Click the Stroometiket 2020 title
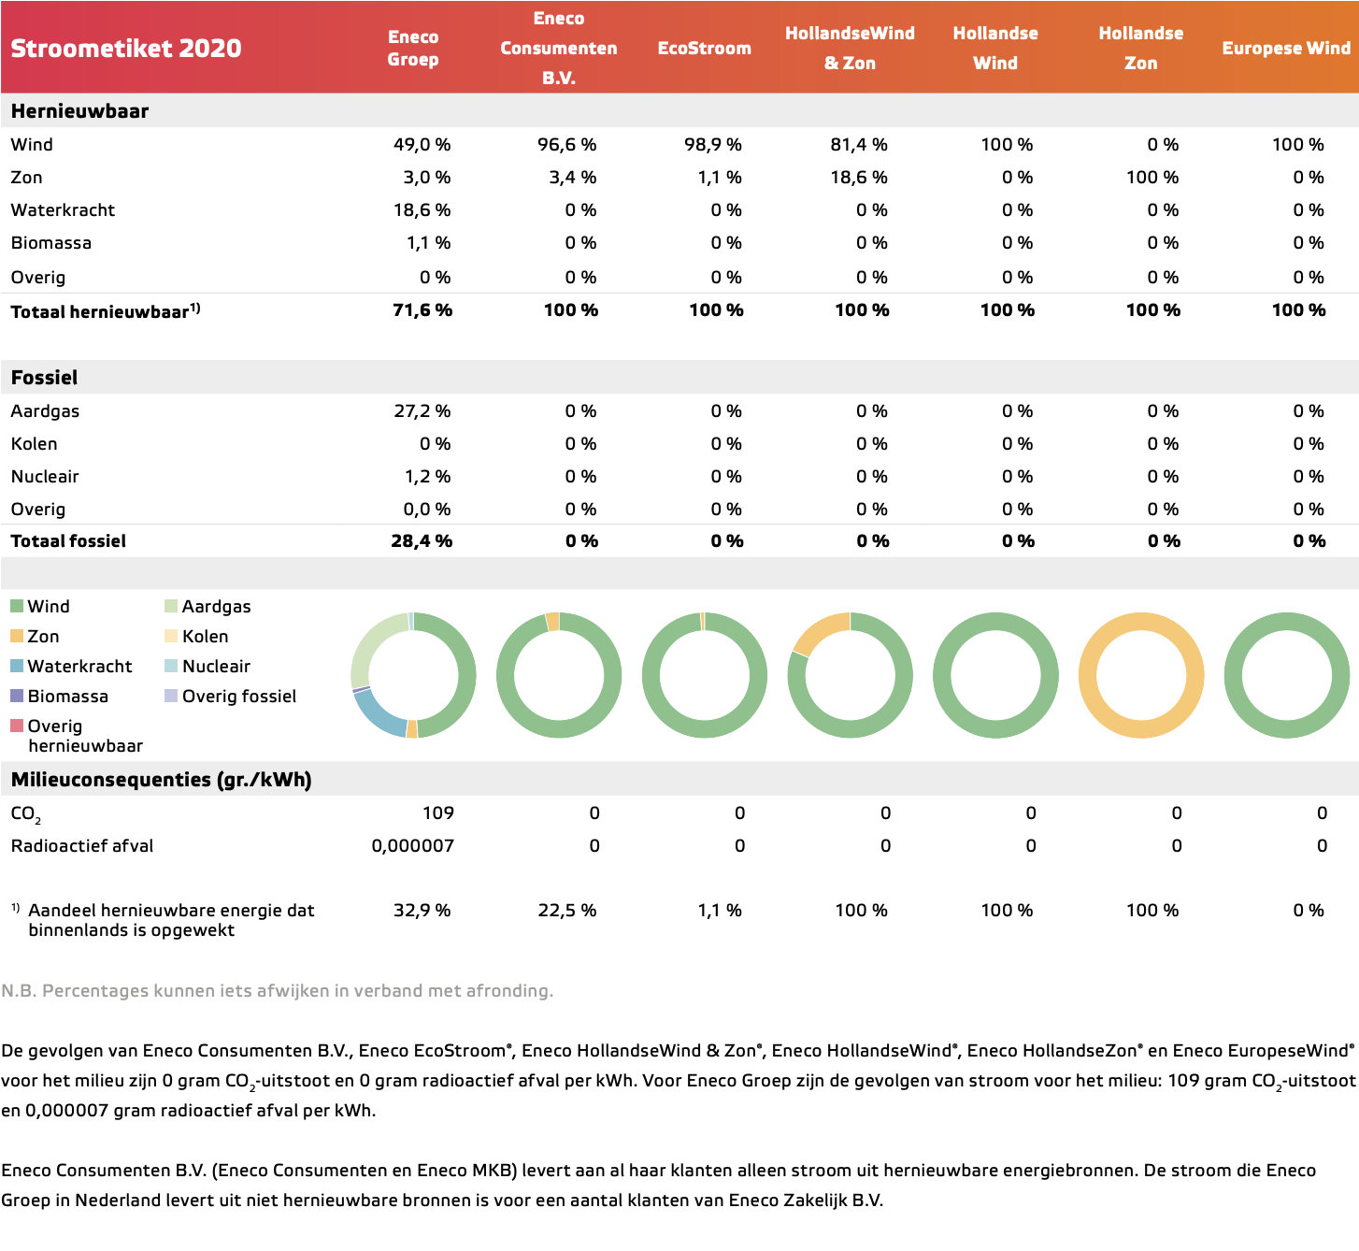126,48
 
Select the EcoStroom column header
704,48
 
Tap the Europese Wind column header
1286,48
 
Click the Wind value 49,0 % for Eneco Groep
422,144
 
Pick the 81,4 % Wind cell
859,144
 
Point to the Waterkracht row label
63,210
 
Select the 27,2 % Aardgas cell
422,410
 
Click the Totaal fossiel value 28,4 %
422,540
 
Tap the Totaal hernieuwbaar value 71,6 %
422,309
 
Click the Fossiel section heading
44,378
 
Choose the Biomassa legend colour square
17,696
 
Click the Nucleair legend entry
207,666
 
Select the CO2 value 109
438,812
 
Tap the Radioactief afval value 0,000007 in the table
412,846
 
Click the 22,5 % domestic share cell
567,910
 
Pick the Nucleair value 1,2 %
427,477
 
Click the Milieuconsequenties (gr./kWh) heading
162,780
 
